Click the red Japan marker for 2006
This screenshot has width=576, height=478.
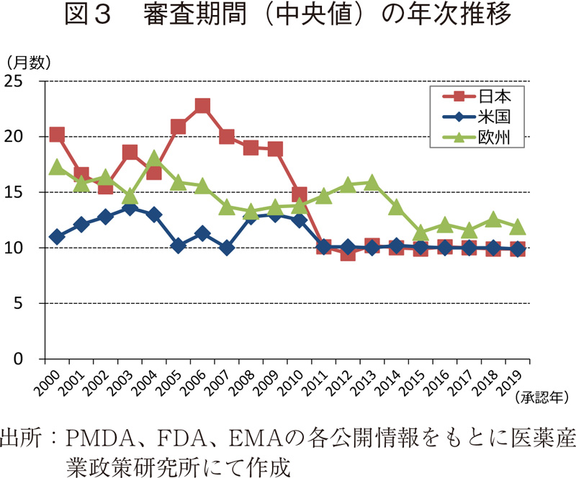tap(202, 106)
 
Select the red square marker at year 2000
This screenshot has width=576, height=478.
tap(57, 135)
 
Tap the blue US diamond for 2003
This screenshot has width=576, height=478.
tap(130, 207)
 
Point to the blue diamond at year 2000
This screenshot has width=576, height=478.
tap(57, 237)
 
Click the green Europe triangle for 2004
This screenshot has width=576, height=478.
tap(154, 159)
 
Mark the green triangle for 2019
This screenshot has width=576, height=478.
tap(518, 227)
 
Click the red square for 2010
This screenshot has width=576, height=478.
tap(300, 194)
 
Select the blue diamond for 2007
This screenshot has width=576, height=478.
tap(227, 248)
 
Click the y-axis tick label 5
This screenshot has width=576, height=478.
tap(31, 303)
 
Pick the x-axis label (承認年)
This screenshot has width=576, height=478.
tap(542, 397)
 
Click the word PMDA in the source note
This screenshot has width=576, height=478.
tap(99, 438)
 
